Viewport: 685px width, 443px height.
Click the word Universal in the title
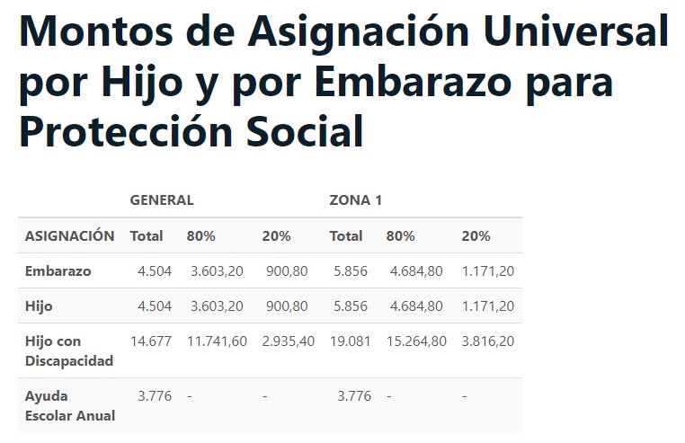click(575, 31)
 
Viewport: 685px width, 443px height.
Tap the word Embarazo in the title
click(413, 82)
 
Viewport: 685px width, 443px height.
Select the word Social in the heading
click(305, 131)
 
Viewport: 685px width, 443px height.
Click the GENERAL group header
click(162, 200)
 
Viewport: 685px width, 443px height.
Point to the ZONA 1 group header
click(356, 200)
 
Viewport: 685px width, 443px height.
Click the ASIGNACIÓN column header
click(69, 236)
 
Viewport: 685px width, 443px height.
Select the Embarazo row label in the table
click(58, 270)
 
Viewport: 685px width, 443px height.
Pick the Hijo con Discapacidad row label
click(69, 350)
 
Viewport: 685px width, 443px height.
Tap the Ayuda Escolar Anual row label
click(70, 405)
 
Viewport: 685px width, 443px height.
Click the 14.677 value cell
click(151, 341)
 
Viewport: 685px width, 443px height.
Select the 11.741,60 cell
click(217, 341)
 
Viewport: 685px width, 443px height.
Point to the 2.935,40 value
click(289, 341)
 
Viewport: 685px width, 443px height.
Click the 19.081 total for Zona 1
click(351, 341)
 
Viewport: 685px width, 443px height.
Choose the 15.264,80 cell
click(416, 341)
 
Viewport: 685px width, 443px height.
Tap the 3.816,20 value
click(488, 341)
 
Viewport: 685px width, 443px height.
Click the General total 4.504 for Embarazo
click(155, 270)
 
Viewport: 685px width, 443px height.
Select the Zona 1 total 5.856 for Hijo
click(351, 306)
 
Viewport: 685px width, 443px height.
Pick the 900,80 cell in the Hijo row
click(287, 306)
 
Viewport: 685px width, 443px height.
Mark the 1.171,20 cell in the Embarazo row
click(488, 270)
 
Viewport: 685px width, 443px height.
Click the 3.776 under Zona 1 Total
click(354, 395)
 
